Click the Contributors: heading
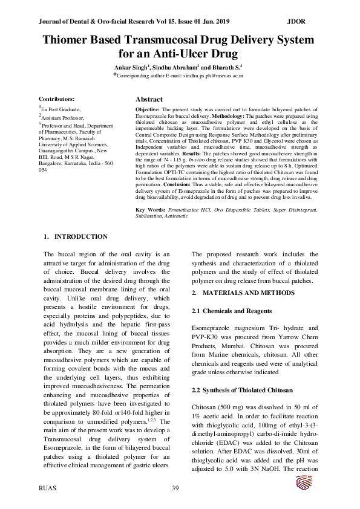(57, 99)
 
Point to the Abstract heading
(149, 99)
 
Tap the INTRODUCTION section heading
(81, 236)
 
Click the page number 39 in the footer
(176, 487)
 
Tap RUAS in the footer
(48, 487)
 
